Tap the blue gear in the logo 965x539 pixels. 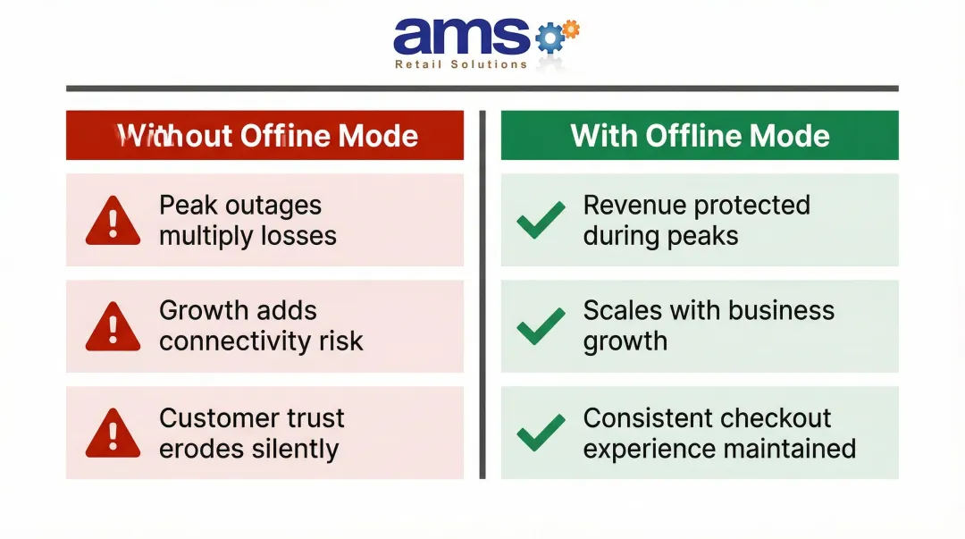click(x=550, y=39)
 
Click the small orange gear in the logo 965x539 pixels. click(x=570, y=29)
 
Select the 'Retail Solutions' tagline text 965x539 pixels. click(x=461, y=64)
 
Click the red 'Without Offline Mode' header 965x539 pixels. click(x=264, y=136)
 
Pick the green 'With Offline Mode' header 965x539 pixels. click(x=700, y=136)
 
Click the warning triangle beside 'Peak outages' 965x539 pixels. click(x=113, y=222)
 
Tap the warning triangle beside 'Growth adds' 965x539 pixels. click(x=113, y=327)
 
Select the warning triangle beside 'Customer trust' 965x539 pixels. click(x=113, y=434)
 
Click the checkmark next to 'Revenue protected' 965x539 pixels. click(x=541, y=220)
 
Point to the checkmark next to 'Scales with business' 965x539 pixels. click(x=541, y=326)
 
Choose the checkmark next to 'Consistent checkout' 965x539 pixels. click(x=541, y=433)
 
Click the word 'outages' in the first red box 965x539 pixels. click(x=274, y=206)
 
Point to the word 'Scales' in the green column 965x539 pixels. click(x=623, y=311)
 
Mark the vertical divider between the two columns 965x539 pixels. click(x=482, y=295)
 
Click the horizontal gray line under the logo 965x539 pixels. click(x=482, y=88)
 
